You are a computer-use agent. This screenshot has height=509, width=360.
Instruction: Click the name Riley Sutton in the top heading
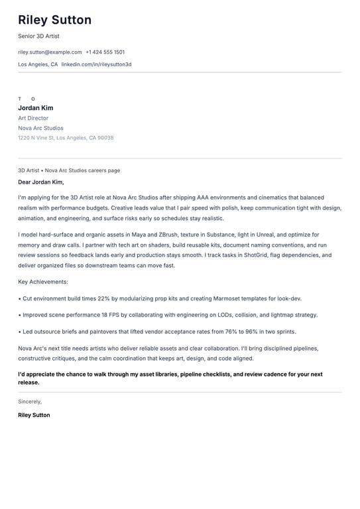[x=55, y=21]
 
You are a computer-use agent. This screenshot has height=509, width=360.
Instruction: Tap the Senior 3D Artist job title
[x=38, y=36]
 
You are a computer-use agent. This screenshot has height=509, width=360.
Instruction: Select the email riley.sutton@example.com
[x=50, y=52]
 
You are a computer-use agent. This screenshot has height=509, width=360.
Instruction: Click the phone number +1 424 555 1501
[x=105, y=52]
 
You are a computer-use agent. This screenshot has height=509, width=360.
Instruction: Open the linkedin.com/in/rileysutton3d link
[x=96, y=64]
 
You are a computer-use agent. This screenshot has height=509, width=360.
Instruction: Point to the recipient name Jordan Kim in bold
[x=36, y=108]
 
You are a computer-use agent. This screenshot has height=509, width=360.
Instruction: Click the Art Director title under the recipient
[x=33, y=118]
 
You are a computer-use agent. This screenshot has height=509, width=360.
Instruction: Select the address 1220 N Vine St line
[x=66, y=138]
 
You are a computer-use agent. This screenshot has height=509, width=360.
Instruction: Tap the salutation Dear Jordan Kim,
[x=41, y=182]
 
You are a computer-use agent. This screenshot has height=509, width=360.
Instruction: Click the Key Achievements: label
[x=43, y=282]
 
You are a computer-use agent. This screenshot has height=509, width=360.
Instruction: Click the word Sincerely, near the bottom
[x=30, y=402]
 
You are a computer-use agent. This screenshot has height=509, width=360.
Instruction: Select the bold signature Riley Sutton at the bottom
[x=34, y=415]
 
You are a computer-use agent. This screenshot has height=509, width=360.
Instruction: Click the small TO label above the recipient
[x=27, y=99]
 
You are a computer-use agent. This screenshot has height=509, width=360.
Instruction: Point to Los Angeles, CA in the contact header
[x=38, y=64]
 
